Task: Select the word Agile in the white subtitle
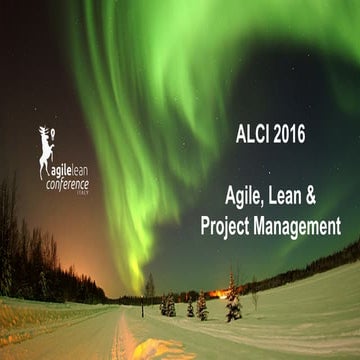click(x=242, y=197)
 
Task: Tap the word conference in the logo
click(x=66, y=185)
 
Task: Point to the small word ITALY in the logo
click(x=81, y=195)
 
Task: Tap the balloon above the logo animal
click(x=42, y=130)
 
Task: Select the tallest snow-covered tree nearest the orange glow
click(x=233, y=300)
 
